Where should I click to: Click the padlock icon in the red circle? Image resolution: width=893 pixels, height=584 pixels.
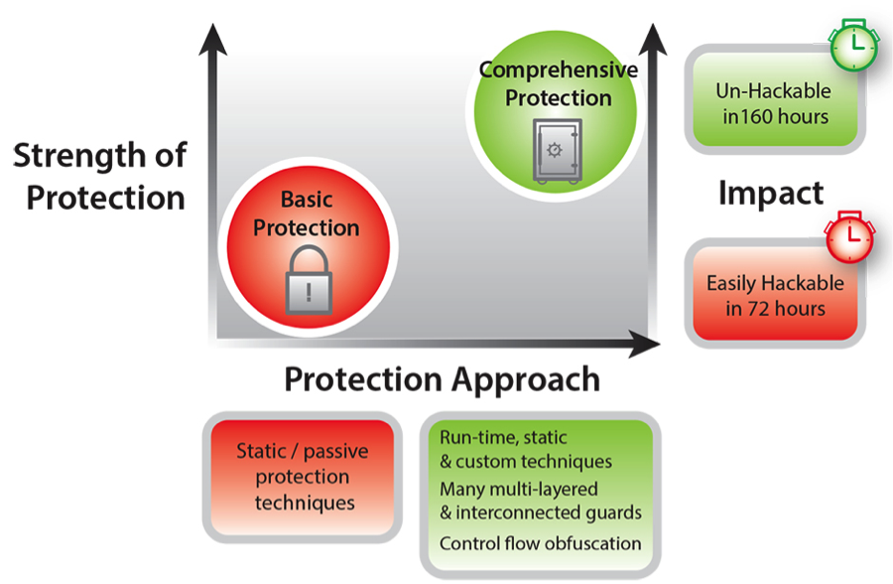(x=309, y=280)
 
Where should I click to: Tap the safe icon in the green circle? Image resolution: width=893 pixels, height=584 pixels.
(x=558, y=151)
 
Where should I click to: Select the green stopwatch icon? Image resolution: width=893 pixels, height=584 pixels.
(x=854, y=45)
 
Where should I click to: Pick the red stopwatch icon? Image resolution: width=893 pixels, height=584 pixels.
(x=849, y=236)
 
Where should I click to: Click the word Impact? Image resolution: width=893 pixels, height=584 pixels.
(x=771, y=193)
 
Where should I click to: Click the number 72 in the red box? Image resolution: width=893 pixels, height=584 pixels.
(x=759, y=309)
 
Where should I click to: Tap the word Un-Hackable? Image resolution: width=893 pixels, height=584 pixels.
(x=773, y=90)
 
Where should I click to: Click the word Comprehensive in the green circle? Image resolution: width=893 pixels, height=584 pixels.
(x=558, y=71)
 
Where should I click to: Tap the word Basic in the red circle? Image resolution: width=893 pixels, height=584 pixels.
(x=307, y=200)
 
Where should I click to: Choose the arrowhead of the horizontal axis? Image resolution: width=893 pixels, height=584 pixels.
(x=645, y=344)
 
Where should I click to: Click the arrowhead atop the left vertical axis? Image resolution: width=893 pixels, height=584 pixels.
(x=213, y=40)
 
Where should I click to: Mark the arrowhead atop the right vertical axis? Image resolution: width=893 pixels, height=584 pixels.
(x=653, y=40)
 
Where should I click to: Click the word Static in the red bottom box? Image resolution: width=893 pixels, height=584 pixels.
(x=261, y=451)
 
